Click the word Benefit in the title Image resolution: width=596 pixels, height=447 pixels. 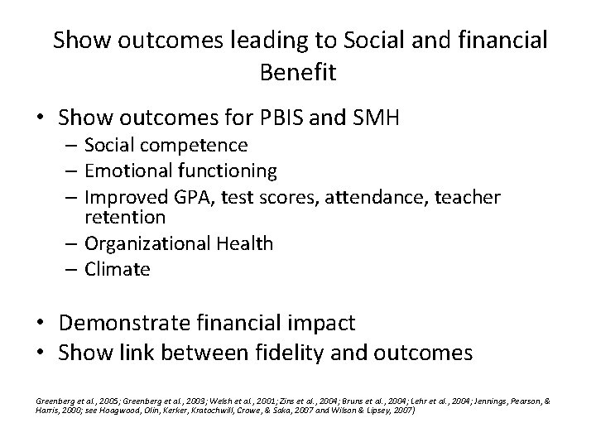(297, 72)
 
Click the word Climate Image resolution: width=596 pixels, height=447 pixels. (118, 269)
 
